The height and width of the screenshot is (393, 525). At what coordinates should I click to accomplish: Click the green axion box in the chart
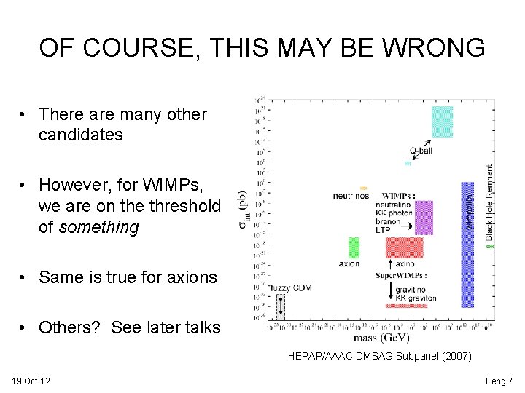coord(354,247)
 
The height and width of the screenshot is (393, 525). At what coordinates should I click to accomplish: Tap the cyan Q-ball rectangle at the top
coord(442,122)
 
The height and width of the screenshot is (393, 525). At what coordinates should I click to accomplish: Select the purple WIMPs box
coord(423,217)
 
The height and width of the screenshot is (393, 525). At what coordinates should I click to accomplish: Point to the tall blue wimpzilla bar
coord(467,244)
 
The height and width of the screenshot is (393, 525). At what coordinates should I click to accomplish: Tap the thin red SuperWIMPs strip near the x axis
coord(406,306)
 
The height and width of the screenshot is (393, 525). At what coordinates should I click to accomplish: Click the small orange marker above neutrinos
coord(365,188)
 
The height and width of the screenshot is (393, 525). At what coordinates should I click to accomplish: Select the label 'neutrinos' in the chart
coord(351,196)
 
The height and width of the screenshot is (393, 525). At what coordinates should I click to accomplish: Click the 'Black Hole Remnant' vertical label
coord(490,202)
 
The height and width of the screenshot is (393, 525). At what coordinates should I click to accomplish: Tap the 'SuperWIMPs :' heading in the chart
coord(401,276)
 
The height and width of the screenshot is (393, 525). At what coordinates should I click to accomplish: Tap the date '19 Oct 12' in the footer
coord(31,381)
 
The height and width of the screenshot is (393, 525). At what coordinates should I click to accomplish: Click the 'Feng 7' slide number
coord(499,381)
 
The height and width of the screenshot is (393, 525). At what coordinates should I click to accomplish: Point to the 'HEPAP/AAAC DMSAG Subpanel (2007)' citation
coord(380,357)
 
